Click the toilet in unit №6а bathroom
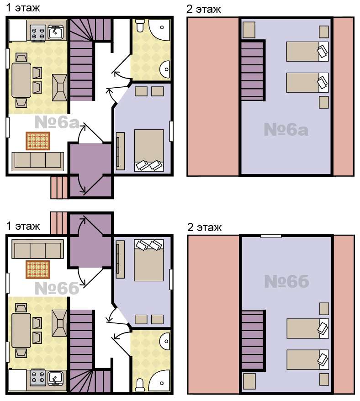click(140, 26)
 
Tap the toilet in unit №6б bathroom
click(140, 385)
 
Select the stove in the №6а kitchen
click(38, 33)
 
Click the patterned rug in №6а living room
click(38, 141)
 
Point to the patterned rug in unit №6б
click(37, 269)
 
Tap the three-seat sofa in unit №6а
click(38, 161)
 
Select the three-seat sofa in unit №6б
click(38, 249)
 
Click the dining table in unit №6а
click(21, 80)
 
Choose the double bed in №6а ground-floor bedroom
click(149, 150)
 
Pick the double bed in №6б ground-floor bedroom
click(149, 260)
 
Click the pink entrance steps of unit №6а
click(59, 187)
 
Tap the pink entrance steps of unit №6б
click(59, 223)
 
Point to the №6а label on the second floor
click(286, 129)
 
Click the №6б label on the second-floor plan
click(286, 281)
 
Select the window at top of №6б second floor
click(271, 236)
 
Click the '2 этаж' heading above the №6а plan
click(204, 9)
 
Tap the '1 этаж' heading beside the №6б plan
click(23, 226)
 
